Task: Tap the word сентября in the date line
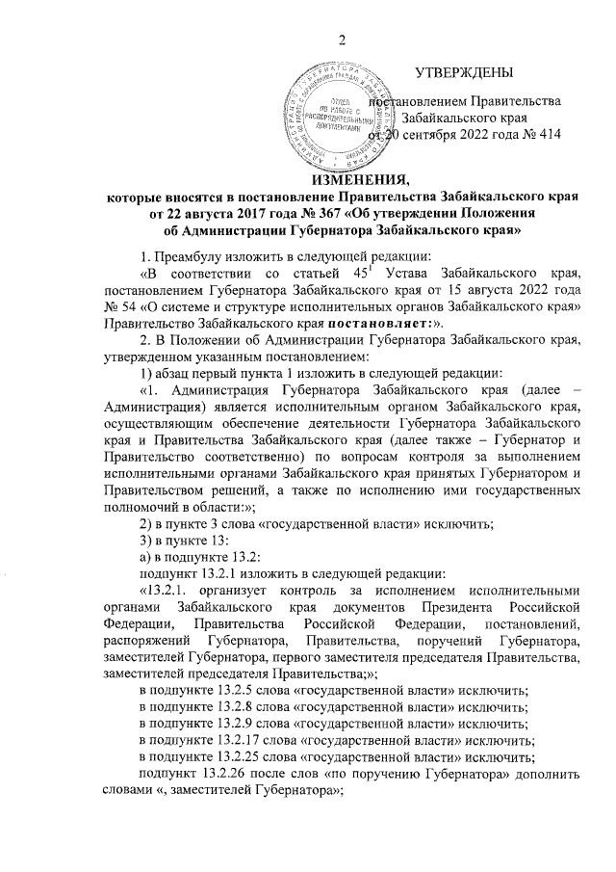coord(424,136)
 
